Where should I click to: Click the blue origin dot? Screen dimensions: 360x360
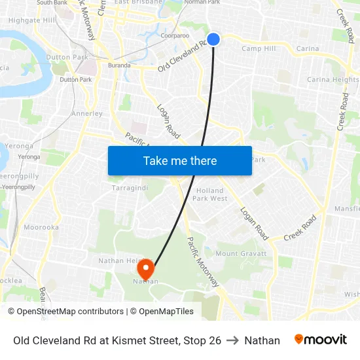pyautogui.click(x=213, y=39)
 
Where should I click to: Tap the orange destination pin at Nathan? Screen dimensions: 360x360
pyautogui.click(x=145, y=268)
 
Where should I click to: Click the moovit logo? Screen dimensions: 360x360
pyautogui.click(x=321, y=340)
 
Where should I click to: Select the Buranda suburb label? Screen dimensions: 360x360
pyautogui.click(x=120, y=65)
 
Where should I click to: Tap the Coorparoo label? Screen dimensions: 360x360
pyautogui.click(x=174, y=36)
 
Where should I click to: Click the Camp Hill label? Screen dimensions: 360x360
pyautogui.click(x=259, y=48)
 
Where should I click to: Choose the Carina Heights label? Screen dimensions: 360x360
pyautogui.click(x=333, y=80)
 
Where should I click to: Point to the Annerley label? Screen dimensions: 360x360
pyautogui.click(x=86, y=113)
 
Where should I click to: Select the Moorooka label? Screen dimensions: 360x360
pyautogui.click(x=41, y=227)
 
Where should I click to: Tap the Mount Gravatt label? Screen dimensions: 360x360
pyautogui.click(x=241, y=253)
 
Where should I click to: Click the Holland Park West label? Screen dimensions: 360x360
pyautogui.click(x=210, y=194)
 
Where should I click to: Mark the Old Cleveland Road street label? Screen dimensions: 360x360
pyautogui.click(x=183, y=58)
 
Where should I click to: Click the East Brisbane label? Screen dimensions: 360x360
pyautogui.click(x=138, y=3)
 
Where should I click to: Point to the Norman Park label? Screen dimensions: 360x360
pyautogui.click(x=205, y=3)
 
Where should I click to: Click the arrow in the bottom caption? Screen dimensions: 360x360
pyautogui.click(x=232, y=340)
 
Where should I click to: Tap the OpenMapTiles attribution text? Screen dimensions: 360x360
pyautogui.click(x=166, y=312)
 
